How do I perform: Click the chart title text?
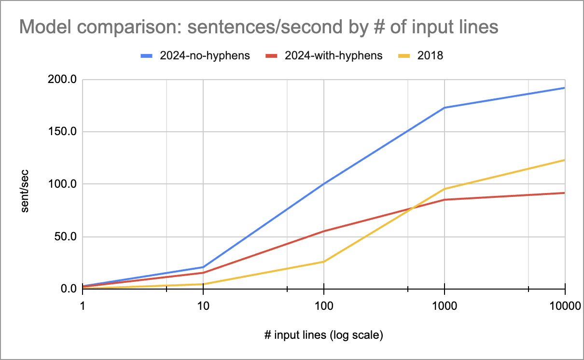tap(258, 28)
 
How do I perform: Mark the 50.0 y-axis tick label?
tap(66, 237)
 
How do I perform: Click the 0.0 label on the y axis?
tap(68, 289)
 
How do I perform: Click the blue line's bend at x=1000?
tap(444, 108)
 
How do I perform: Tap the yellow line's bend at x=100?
tap(323, 262)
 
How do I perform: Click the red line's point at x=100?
tap(323, 231)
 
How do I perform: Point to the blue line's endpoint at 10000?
tap(564, 88)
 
